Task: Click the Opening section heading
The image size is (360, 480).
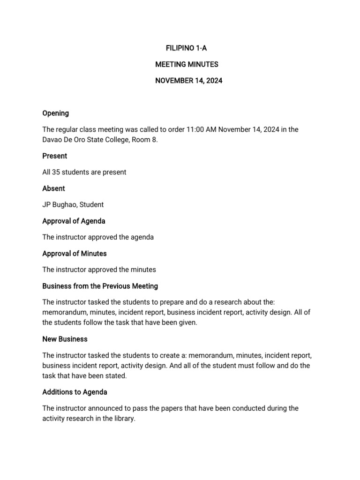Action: click(55, 113)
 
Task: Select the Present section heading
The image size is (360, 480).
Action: click(54, 156)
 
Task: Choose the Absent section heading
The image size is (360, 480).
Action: click(53, 188)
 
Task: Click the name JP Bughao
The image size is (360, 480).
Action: click(60, 204)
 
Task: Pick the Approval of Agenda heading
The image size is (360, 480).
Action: click(74, 221)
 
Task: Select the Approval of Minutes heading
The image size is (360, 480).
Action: click(75, 254)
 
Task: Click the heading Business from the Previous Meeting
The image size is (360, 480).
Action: click(100, 286)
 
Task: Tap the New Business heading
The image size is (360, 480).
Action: click(65, 339)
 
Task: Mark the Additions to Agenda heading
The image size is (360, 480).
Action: click(75, 392)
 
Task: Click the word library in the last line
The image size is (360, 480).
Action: click(122, 419)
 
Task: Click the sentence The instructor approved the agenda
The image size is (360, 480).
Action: click(98, 237)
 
